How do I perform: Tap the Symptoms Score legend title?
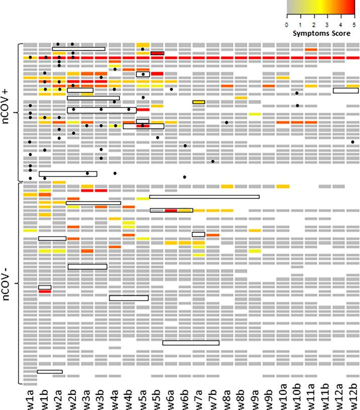tap(320, 31)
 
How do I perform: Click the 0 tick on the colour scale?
tap(287, 24)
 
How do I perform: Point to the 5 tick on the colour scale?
tap(354, 24)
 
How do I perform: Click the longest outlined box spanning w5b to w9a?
tap(204, 197)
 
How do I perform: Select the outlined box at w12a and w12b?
tap(345, 90)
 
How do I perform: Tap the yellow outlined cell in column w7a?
tap(198, 102)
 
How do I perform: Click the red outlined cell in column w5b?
tap(157, 53)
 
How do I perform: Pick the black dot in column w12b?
tap(353, 142)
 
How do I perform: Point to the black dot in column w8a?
tap(227, 122)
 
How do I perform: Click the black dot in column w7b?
tap(213, 161)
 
